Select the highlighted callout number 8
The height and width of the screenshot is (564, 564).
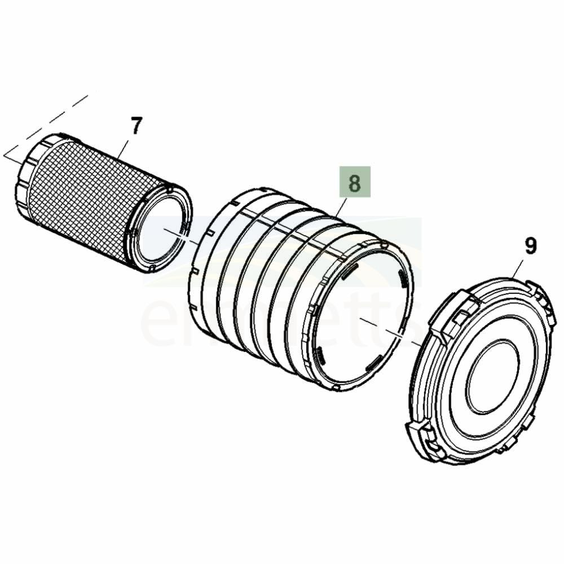pyautogui.click(x=354, y=182)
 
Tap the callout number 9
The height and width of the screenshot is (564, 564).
pyautogui.click(x=530, y=246)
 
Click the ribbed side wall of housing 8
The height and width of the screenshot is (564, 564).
pyautogui.click(x=265, y=282)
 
